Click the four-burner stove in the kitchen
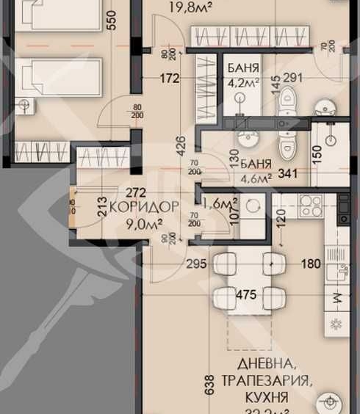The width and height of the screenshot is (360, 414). [x=309, y=205]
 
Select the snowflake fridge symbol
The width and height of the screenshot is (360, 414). [x=337, y=324]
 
